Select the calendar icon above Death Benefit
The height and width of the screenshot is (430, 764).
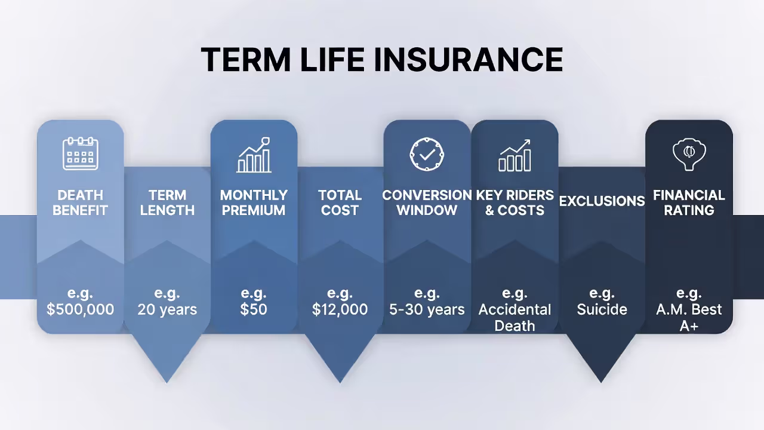tap(81, 153)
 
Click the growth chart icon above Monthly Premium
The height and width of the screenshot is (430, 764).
tap(254, 155)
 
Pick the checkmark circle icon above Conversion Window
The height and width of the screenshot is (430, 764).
tap(427, 154)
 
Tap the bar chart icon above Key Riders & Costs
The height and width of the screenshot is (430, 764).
tap(515, 155)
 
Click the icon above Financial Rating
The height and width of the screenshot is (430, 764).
tap(689, 155)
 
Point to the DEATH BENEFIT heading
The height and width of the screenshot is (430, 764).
tap(81, 202)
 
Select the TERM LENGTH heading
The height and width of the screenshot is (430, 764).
tap(167, 202)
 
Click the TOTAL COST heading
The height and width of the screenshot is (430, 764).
tap(340, 202)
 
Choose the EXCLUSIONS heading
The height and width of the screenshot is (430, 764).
tap(602, 201)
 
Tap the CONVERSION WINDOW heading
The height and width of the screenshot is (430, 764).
tap(427, 202)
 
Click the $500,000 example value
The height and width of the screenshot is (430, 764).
tap(81, 309)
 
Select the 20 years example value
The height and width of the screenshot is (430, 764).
tap(167, 309)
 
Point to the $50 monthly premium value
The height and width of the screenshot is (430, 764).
tap(254, 309)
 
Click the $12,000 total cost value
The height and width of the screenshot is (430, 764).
tap(340, 309)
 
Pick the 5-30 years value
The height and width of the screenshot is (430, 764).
tap(427, 309)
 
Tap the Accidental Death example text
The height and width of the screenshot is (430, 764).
tap(515, 317)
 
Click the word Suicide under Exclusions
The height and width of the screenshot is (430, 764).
tap(602, 309)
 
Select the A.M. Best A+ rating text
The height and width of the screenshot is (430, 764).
tap(689, 317)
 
